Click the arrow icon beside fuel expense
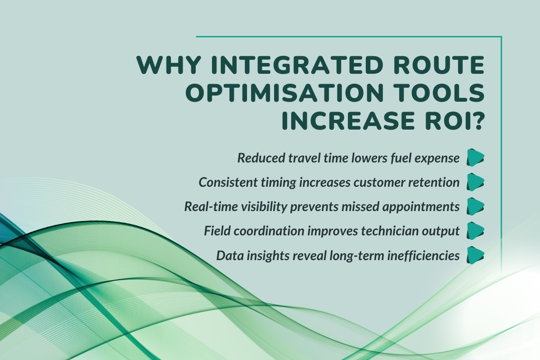pos(475,157)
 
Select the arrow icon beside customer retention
pos(475,182)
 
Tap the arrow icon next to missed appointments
pos(475,207)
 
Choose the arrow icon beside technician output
pos(475,231)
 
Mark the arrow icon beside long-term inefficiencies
pos(475,256)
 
